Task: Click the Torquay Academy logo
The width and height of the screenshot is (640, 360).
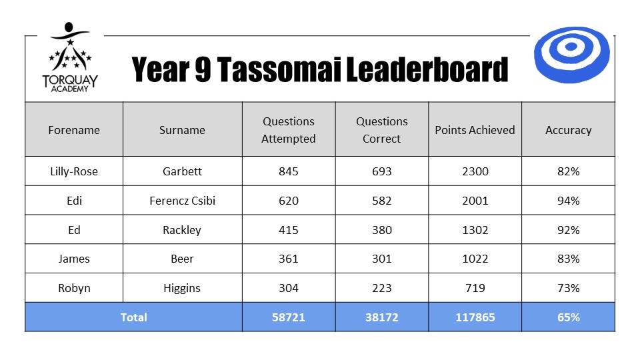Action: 70,57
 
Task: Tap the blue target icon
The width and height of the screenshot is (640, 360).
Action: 571,55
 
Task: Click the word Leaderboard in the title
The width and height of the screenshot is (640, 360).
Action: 427,69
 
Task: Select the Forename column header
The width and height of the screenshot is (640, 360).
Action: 74,130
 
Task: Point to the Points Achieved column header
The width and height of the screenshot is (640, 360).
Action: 475,130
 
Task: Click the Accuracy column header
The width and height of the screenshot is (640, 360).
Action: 568,130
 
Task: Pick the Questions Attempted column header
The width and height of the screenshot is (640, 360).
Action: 289,130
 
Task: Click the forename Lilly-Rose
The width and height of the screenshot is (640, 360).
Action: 74,171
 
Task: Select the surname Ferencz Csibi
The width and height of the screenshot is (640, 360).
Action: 182,201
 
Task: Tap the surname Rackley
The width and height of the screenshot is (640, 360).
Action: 182,230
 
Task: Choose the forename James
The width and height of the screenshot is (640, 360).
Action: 74,259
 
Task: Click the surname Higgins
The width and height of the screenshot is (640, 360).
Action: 182,288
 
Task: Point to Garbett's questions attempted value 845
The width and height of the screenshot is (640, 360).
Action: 289,171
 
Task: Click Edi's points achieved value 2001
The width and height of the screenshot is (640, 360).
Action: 475,201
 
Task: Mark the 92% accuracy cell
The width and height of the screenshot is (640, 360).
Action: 569,230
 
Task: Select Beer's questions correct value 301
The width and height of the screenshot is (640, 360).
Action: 381,259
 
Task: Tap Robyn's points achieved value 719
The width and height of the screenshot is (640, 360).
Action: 475,288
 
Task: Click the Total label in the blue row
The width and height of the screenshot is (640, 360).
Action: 133,317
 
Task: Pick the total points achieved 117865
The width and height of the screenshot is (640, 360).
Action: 475,317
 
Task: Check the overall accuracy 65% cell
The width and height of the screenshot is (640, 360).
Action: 569,317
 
